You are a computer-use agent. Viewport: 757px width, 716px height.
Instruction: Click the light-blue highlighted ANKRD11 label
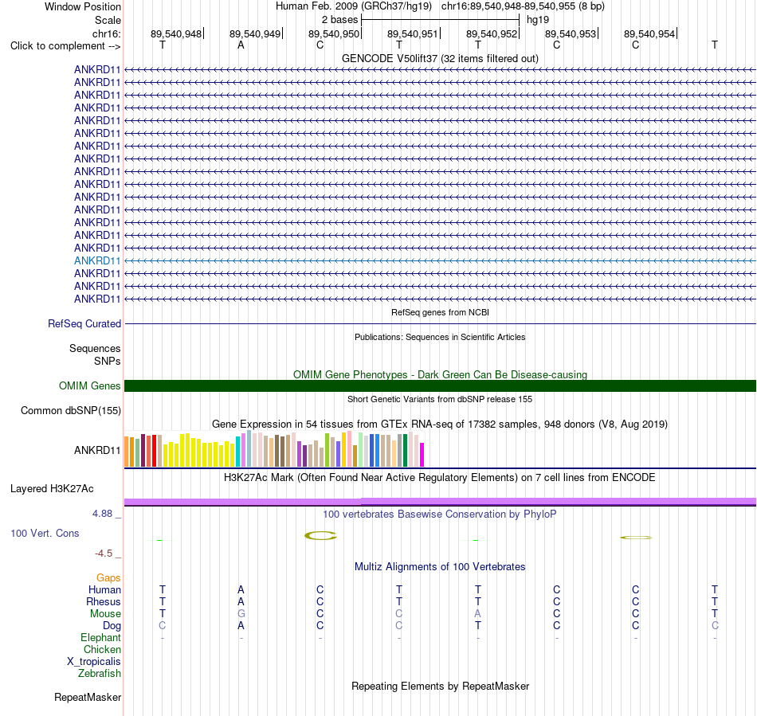click(97, 261)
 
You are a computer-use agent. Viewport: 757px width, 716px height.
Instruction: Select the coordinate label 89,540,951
click(412, 33)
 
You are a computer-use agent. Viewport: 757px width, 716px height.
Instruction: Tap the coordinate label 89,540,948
click(176, 33)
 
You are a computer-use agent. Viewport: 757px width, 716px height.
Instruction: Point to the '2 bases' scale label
click(340, 20)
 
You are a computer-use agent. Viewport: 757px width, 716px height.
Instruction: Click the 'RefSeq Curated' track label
click(84, 323)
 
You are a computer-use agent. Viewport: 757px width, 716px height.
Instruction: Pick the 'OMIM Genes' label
click(90, 386)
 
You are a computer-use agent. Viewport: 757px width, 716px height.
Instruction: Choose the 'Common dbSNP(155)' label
click(71, 411)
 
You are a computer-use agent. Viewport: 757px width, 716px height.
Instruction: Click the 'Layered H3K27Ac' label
click(52, 489)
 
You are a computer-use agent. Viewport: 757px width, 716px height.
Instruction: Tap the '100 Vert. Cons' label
click(45, 533)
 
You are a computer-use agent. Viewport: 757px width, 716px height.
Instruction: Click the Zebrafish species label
click(100, 674)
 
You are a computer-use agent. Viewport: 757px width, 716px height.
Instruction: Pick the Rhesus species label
click(104, 601)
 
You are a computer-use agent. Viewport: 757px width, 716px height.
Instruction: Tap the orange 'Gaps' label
click(108, 578)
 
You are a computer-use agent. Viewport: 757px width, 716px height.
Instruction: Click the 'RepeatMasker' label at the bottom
click(88, 697)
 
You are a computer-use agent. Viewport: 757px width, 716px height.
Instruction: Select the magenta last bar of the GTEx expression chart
click(422, 455)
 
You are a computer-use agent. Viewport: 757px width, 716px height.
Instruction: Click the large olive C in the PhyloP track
click(320, 535)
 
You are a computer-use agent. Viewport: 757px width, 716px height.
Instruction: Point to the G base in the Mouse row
click(241, 614)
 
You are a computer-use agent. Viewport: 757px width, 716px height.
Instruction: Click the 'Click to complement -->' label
click(65, 46)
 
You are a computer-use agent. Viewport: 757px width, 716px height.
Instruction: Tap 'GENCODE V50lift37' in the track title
click(390, 58)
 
